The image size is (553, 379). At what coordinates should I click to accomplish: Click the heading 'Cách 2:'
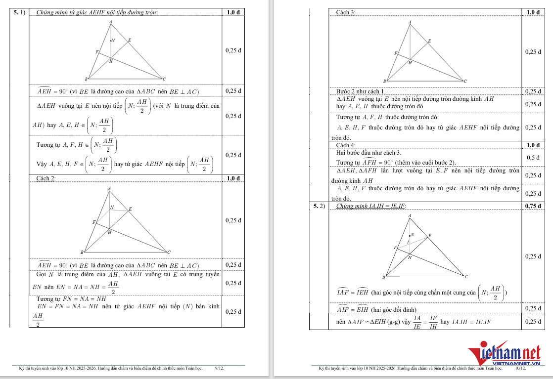(x=46, y=178)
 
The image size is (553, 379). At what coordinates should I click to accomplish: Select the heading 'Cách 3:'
(x=345, y=12)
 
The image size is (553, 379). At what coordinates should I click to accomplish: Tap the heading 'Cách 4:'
(x=345, y=145)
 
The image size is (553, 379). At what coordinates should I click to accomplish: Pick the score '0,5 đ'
(x=533, y=158)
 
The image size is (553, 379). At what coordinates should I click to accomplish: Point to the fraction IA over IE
(x=417, y=322)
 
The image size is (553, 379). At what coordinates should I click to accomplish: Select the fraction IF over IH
(x=433, y=322)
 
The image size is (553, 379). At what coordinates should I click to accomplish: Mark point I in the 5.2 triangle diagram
(x=408, y=242)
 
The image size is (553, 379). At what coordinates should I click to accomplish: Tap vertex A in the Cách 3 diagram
(x=410, y=22)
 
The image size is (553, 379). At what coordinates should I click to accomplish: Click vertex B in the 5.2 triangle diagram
(x=384, y=277)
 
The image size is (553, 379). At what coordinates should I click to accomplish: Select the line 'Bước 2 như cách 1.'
(x=360, y=91)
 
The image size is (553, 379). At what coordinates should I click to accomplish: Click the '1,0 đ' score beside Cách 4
(x=533, y=145)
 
